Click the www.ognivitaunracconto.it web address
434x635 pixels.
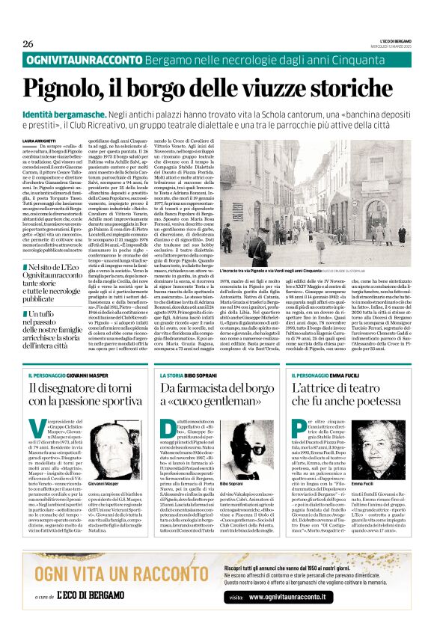click(x=292, y=596)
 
